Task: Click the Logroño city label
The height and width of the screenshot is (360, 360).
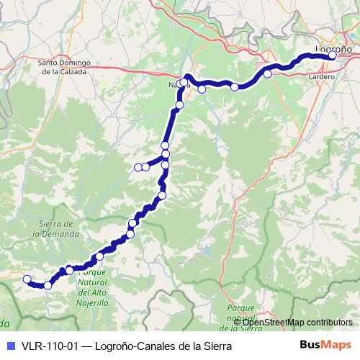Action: coord(333,48)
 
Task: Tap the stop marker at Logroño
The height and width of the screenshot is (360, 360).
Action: coord(332,55)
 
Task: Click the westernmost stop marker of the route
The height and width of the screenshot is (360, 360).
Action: coord(27,279)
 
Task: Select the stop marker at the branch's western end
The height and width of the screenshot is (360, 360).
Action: coord(138,167)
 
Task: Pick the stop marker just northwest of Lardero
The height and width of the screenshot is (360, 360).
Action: coord(268,73)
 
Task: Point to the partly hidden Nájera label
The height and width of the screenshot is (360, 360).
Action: coord(176,84)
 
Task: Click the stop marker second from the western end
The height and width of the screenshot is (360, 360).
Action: coord(48,285)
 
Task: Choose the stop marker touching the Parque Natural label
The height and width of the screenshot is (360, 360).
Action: coord(69,270)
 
